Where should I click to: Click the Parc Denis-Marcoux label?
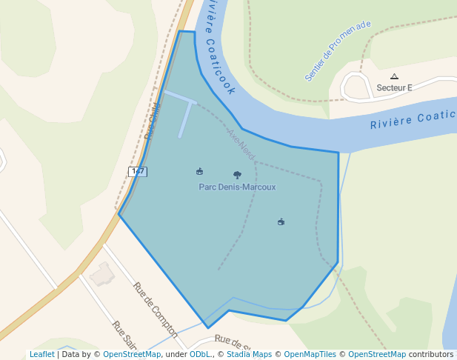point(237,187)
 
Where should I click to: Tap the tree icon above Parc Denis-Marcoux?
point(237,176)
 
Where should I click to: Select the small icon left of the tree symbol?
point(199,172)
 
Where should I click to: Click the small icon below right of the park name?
point(281,221)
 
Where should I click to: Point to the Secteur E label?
point(394,87)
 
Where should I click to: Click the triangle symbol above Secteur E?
point(394,76)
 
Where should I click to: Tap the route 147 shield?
point(137,171)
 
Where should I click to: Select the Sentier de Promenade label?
point(337,51)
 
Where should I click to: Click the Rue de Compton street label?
point(156,310)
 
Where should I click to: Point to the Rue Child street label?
point(153,121)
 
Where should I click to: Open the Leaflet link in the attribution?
point(41,354)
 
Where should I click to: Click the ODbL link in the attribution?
point(199,354)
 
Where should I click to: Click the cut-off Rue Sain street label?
point(125,335)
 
